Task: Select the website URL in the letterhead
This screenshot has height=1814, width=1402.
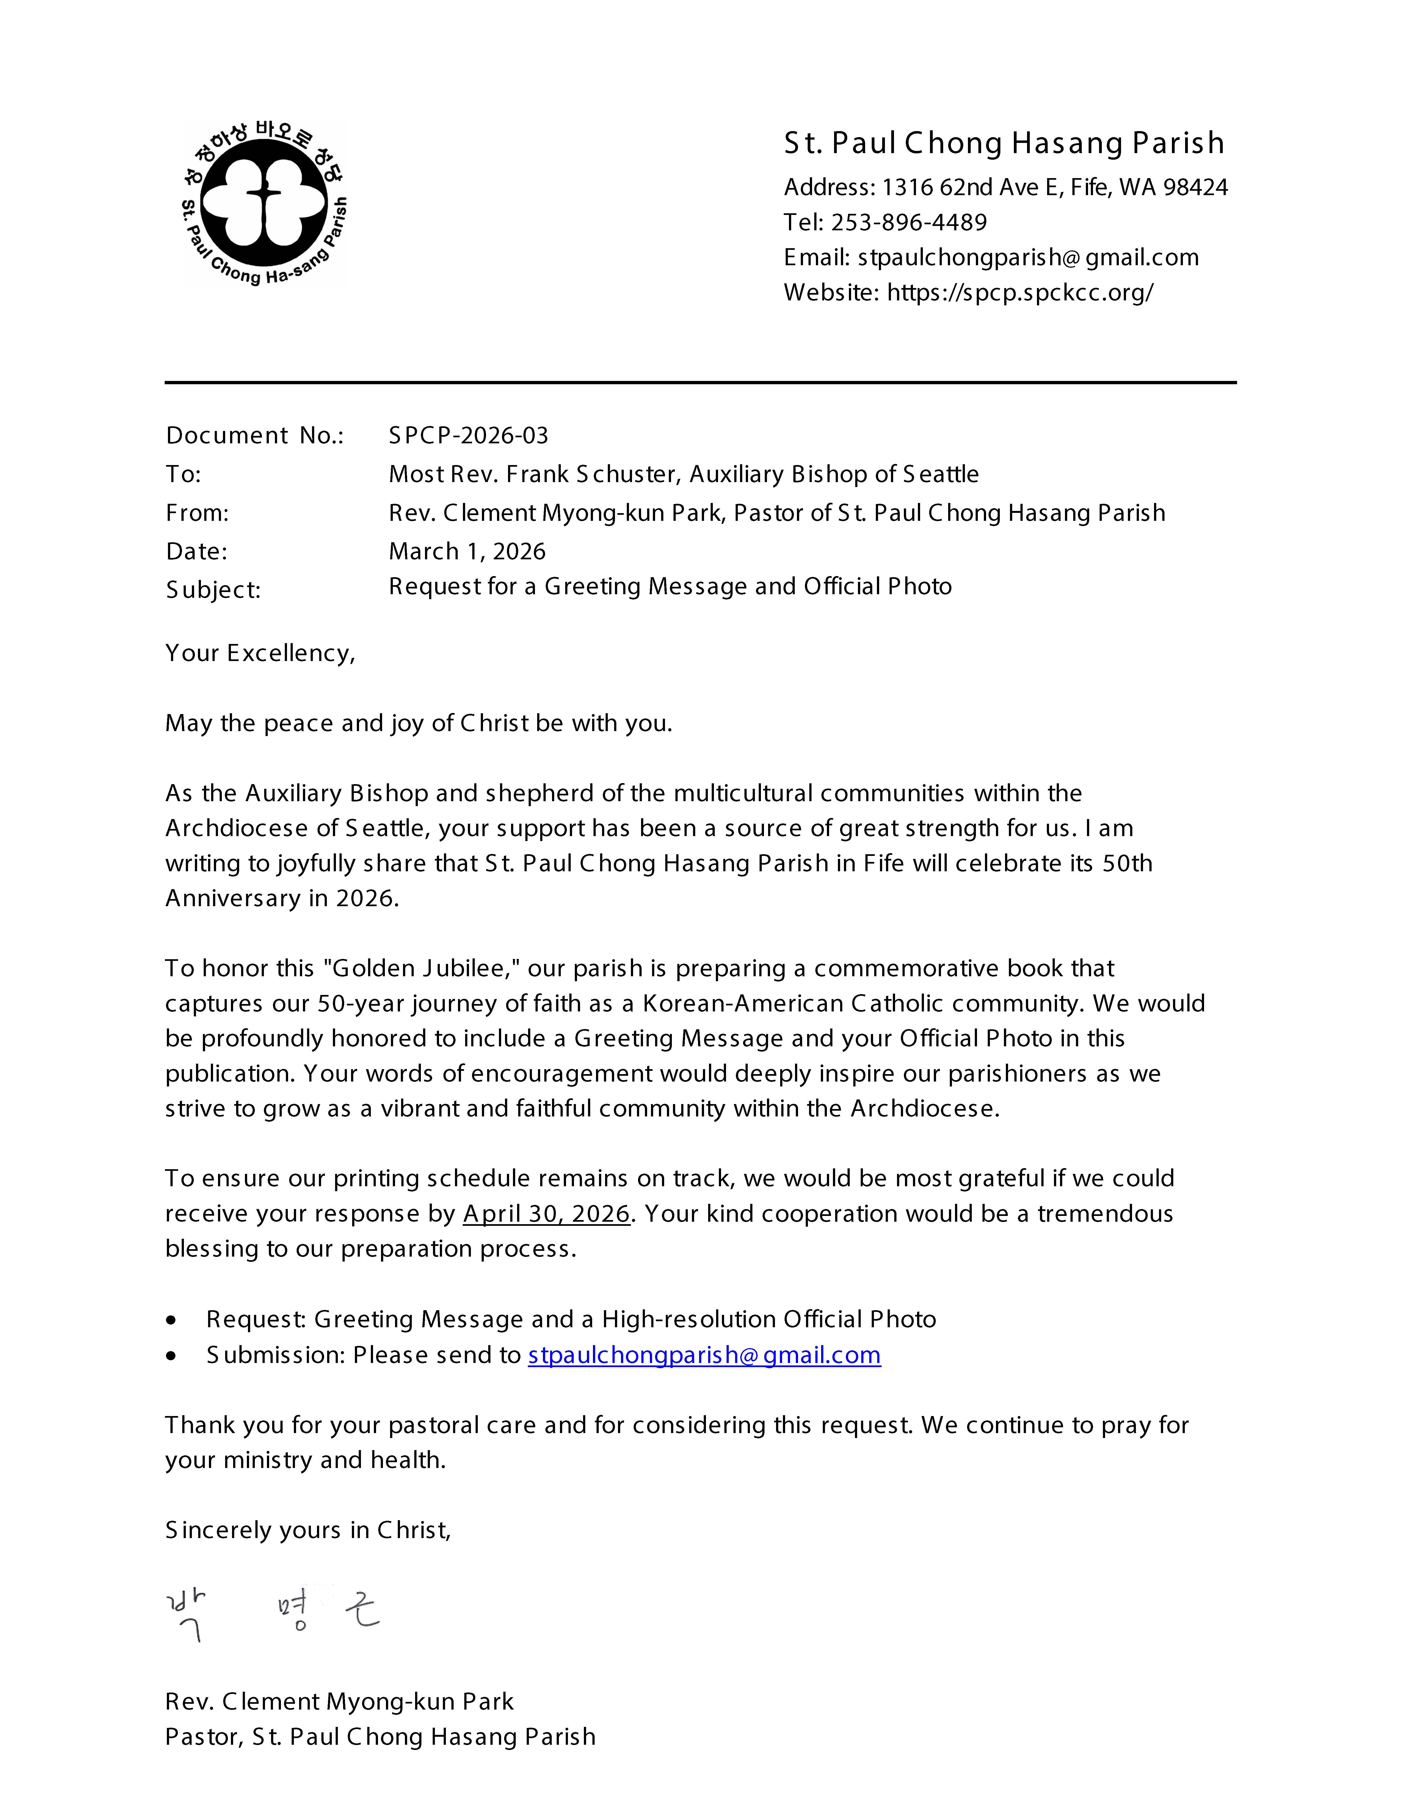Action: [1020, 292]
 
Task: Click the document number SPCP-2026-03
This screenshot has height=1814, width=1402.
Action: [468, 435]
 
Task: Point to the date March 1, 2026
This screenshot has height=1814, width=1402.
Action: [467, 552]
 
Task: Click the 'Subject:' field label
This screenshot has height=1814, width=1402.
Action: [213, 590]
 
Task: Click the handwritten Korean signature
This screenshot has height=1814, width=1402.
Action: [274, 1616]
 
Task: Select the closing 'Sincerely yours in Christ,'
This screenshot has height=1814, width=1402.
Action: [307, 1530]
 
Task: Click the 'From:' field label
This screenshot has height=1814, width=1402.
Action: [197, 513]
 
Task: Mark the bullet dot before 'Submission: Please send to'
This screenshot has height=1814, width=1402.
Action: [171, 1356]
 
